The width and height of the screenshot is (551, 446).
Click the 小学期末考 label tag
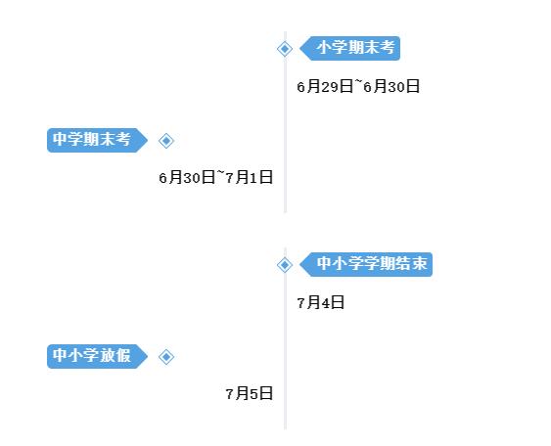(x=350, y=49)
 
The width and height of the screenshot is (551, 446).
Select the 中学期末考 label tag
(x=97, y=140)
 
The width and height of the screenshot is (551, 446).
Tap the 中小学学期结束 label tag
(x=366, y=264)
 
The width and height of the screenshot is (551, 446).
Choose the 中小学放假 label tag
(x=97, y=356)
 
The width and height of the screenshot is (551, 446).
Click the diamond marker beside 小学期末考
(x=285, y=49)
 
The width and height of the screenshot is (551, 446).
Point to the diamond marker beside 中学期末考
(x=166, y=141)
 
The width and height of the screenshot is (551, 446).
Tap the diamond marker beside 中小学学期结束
(x=285, y=265)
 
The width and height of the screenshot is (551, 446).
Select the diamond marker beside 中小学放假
(x=166, y=357)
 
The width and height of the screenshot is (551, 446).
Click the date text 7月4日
(x=320, y=302)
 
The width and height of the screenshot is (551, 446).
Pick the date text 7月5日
(x=250, y=393)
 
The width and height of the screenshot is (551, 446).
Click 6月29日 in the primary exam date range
(x=325, y=86)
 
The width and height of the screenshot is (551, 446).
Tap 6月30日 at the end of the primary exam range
(x=391, y=86)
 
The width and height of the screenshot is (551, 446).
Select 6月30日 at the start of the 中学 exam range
(x=187, y=177)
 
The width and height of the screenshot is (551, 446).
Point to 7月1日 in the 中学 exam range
(x=250, y=177)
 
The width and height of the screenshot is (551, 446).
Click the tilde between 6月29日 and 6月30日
(x=358, y=82)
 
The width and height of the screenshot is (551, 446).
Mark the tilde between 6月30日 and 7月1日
(x=220, y=173)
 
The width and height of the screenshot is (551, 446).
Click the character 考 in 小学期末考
(x=387, y=47)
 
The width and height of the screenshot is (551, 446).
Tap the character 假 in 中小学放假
(x=123, y=355)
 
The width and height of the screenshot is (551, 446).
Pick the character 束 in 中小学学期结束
(x=419, y=263)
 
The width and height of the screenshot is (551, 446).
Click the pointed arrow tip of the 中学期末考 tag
(x=148, y=141)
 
